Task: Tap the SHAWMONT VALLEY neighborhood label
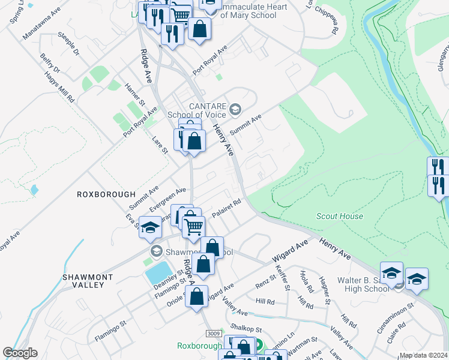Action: (84, 281)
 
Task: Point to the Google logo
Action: (20, 353)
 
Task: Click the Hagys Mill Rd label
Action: (61, 88)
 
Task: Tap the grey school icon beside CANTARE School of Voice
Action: (235, 109)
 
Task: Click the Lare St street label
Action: (160, 145)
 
